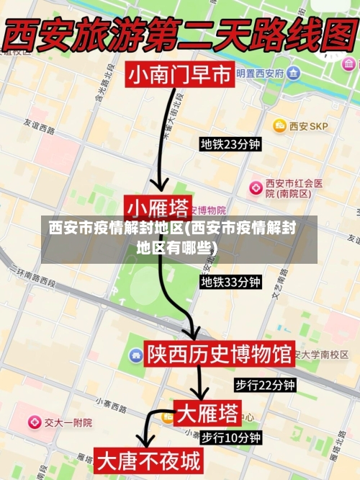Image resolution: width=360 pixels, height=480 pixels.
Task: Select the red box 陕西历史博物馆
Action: click(x=219, y=354)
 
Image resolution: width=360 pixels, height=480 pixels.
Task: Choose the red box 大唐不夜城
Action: click(x=149, y=461)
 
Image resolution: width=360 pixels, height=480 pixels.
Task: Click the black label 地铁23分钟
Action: click(x=230, y=144)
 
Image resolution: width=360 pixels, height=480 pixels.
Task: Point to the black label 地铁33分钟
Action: click(x=230, y=282)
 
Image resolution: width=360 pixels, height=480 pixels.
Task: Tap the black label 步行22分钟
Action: click(x=265, y=385)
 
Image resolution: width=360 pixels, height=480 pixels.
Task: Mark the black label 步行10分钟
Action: click(x=230, y=437)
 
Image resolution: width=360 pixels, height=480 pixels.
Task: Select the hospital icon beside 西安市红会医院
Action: click(x=255, y=187)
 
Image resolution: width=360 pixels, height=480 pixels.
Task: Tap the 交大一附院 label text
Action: click(x=68, y=422)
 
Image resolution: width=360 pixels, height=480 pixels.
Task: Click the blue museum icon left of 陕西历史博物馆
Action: click(x=135, y=355)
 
